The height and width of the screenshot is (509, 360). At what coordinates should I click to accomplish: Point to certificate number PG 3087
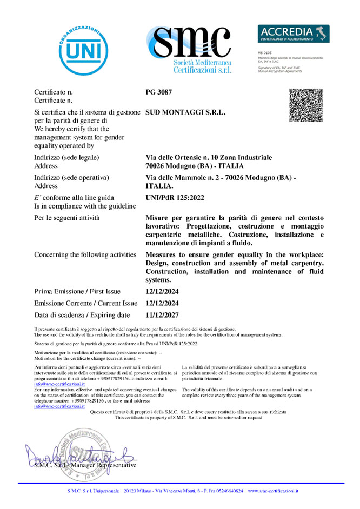159,92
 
